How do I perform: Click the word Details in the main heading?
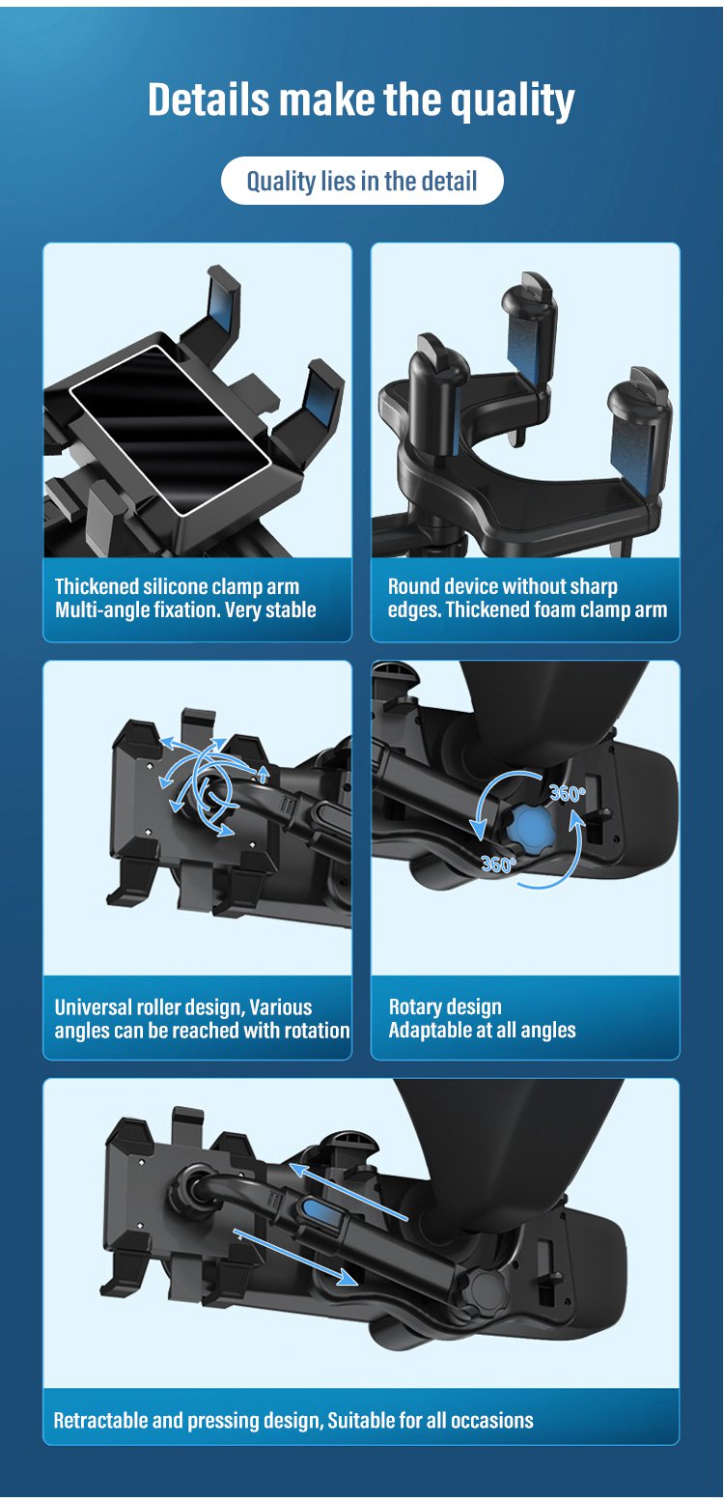tap(209, 99)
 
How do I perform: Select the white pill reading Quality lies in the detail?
tap(362, 181)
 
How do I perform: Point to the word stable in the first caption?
tap(291, 610)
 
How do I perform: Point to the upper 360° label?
tap(568, 794)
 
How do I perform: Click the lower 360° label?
tap(499, 864)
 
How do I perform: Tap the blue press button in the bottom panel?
tap(319, 1211)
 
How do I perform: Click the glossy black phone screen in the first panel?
tap(171, 430)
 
